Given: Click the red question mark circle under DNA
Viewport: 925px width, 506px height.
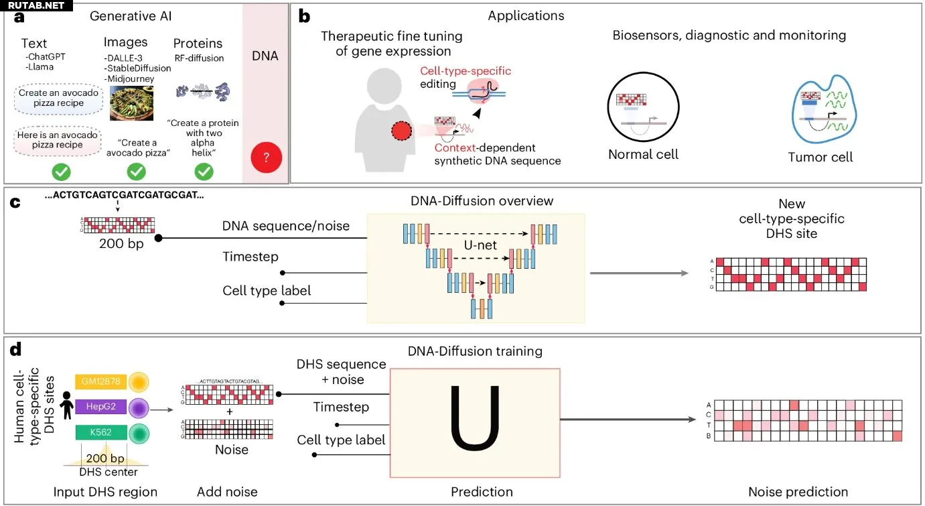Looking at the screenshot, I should click(266, 158).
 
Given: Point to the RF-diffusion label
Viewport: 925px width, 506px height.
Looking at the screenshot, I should click(198, 58).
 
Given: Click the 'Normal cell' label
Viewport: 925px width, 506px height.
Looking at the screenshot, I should click(643, 155).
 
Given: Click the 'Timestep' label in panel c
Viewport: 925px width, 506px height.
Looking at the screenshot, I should click(251, 257).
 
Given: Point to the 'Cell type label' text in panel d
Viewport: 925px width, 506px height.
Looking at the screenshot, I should click(341, 440).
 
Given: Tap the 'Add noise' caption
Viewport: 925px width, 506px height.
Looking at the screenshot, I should click(227, 493).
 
